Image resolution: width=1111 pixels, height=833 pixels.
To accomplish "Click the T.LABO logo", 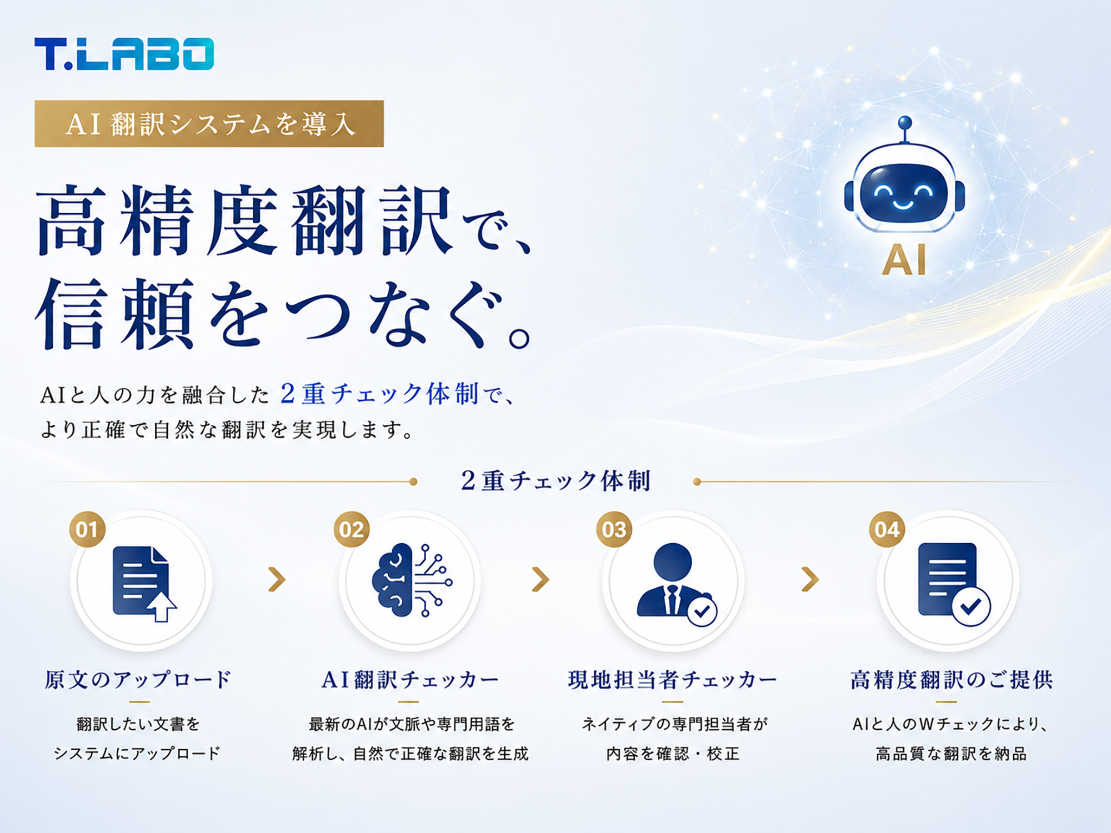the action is [x=124, y=54].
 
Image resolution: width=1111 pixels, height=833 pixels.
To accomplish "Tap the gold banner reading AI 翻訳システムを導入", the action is [x=209, y=124].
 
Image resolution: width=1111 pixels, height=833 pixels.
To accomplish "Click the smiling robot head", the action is [x=904, y=189].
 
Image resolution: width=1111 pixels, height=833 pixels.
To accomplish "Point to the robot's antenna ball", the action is [x=905, y=122].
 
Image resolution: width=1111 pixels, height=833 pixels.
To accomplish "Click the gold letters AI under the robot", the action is [x=904, y=260].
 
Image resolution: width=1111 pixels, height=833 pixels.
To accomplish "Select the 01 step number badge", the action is [x=87, y=529].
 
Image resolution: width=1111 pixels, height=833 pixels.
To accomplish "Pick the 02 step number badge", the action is [x=352, y=529].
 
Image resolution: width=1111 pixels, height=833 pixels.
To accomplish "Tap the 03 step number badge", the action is [x=614, y=529].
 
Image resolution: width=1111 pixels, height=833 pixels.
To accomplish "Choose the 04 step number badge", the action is [x=887, y=529].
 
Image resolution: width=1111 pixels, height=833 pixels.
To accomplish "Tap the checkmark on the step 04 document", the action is [x=971, y=606].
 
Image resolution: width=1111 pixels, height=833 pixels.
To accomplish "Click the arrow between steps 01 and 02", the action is [x=277, y=579].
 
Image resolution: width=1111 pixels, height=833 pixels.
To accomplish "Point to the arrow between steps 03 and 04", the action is [x=810, y=579].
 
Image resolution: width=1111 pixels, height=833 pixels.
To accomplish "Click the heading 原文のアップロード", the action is [x=138, y=680].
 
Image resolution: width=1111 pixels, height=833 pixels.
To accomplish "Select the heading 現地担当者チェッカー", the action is [x=673, y=680].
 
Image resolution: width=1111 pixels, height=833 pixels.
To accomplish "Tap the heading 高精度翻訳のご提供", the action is [x=952, y=680].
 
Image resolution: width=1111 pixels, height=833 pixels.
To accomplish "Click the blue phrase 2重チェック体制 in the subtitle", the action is [x=379, y=394].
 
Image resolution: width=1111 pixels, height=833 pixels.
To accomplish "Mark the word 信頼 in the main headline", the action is [x=116, y=314].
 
